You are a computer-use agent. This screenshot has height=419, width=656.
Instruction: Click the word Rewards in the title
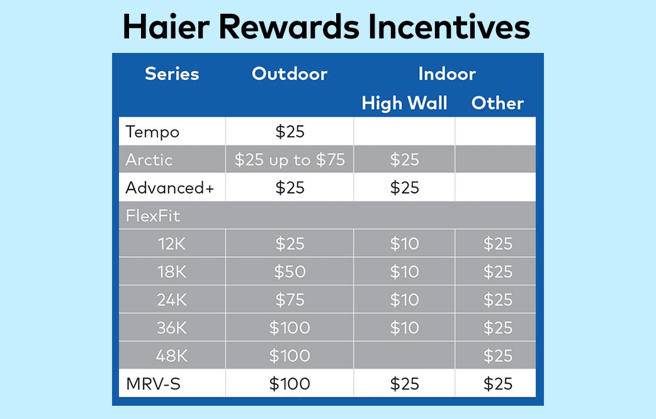coord(289,27)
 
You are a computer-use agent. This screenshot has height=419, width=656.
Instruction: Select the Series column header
coord(172,74)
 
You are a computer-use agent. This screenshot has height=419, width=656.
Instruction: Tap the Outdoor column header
coord(290,74)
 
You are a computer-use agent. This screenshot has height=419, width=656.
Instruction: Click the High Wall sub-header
coord(405,103)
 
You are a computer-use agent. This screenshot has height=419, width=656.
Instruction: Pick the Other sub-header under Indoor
coord(497,103)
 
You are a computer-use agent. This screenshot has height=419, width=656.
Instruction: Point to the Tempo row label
coord(152,132)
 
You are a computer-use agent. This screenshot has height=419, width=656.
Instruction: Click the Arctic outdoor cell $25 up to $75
coord(290,159)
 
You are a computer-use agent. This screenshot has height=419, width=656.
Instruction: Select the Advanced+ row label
coord(169,188)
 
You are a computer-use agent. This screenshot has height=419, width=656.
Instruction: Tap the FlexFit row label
coord(153,215)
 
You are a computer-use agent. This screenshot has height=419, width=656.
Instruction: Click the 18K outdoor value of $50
coord(290,272)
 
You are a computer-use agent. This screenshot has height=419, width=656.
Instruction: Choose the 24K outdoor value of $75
coord(290,300)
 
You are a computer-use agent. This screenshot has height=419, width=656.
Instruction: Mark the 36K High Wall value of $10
coord(405,328)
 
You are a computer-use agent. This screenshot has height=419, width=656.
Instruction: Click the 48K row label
coord(172,356)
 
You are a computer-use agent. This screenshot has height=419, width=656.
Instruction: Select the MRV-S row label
coord(153,384)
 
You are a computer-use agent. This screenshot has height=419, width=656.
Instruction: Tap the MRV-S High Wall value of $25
coord(405,384)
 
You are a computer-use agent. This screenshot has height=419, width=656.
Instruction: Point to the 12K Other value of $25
coord(498,244)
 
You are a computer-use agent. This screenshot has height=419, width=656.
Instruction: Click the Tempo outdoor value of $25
coord(290,132)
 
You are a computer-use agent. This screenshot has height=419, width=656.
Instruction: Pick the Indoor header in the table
coord(447,74)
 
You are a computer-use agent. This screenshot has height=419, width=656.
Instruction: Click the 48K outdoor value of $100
coord(290,356)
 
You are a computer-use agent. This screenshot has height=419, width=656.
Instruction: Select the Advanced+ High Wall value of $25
coord(405,188)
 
